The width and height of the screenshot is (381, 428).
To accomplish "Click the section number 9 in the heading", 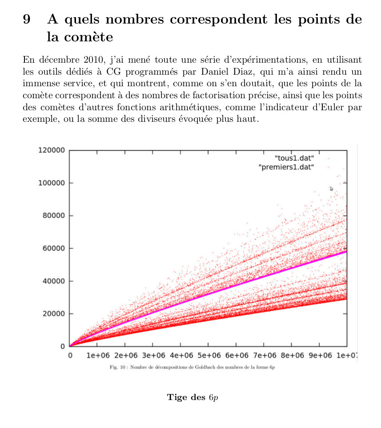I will pos(26,20).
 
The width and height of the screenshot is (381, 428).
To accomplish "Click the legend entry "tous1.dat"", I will pos(295,158).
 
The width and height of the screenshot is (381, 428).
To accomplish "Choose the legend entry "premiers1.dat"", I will pos(287,167).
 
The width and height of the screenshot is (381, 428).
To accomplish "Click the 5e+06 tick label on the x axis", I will pos(209,356).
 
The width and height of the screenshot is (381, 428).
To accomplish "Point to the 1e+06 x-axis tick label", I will pos(98,356).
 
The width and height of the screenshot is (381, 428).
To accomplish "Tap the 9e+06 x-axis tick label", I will pos(320,356).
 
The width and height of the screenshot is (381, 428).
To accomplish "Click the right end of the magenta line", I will pos(346,252).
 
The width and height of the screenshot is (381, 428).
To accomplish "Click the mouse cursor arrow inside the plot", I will pos(331,188).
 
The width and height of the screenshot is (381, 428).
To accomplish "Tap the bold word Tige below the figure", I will pos(176,397).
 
